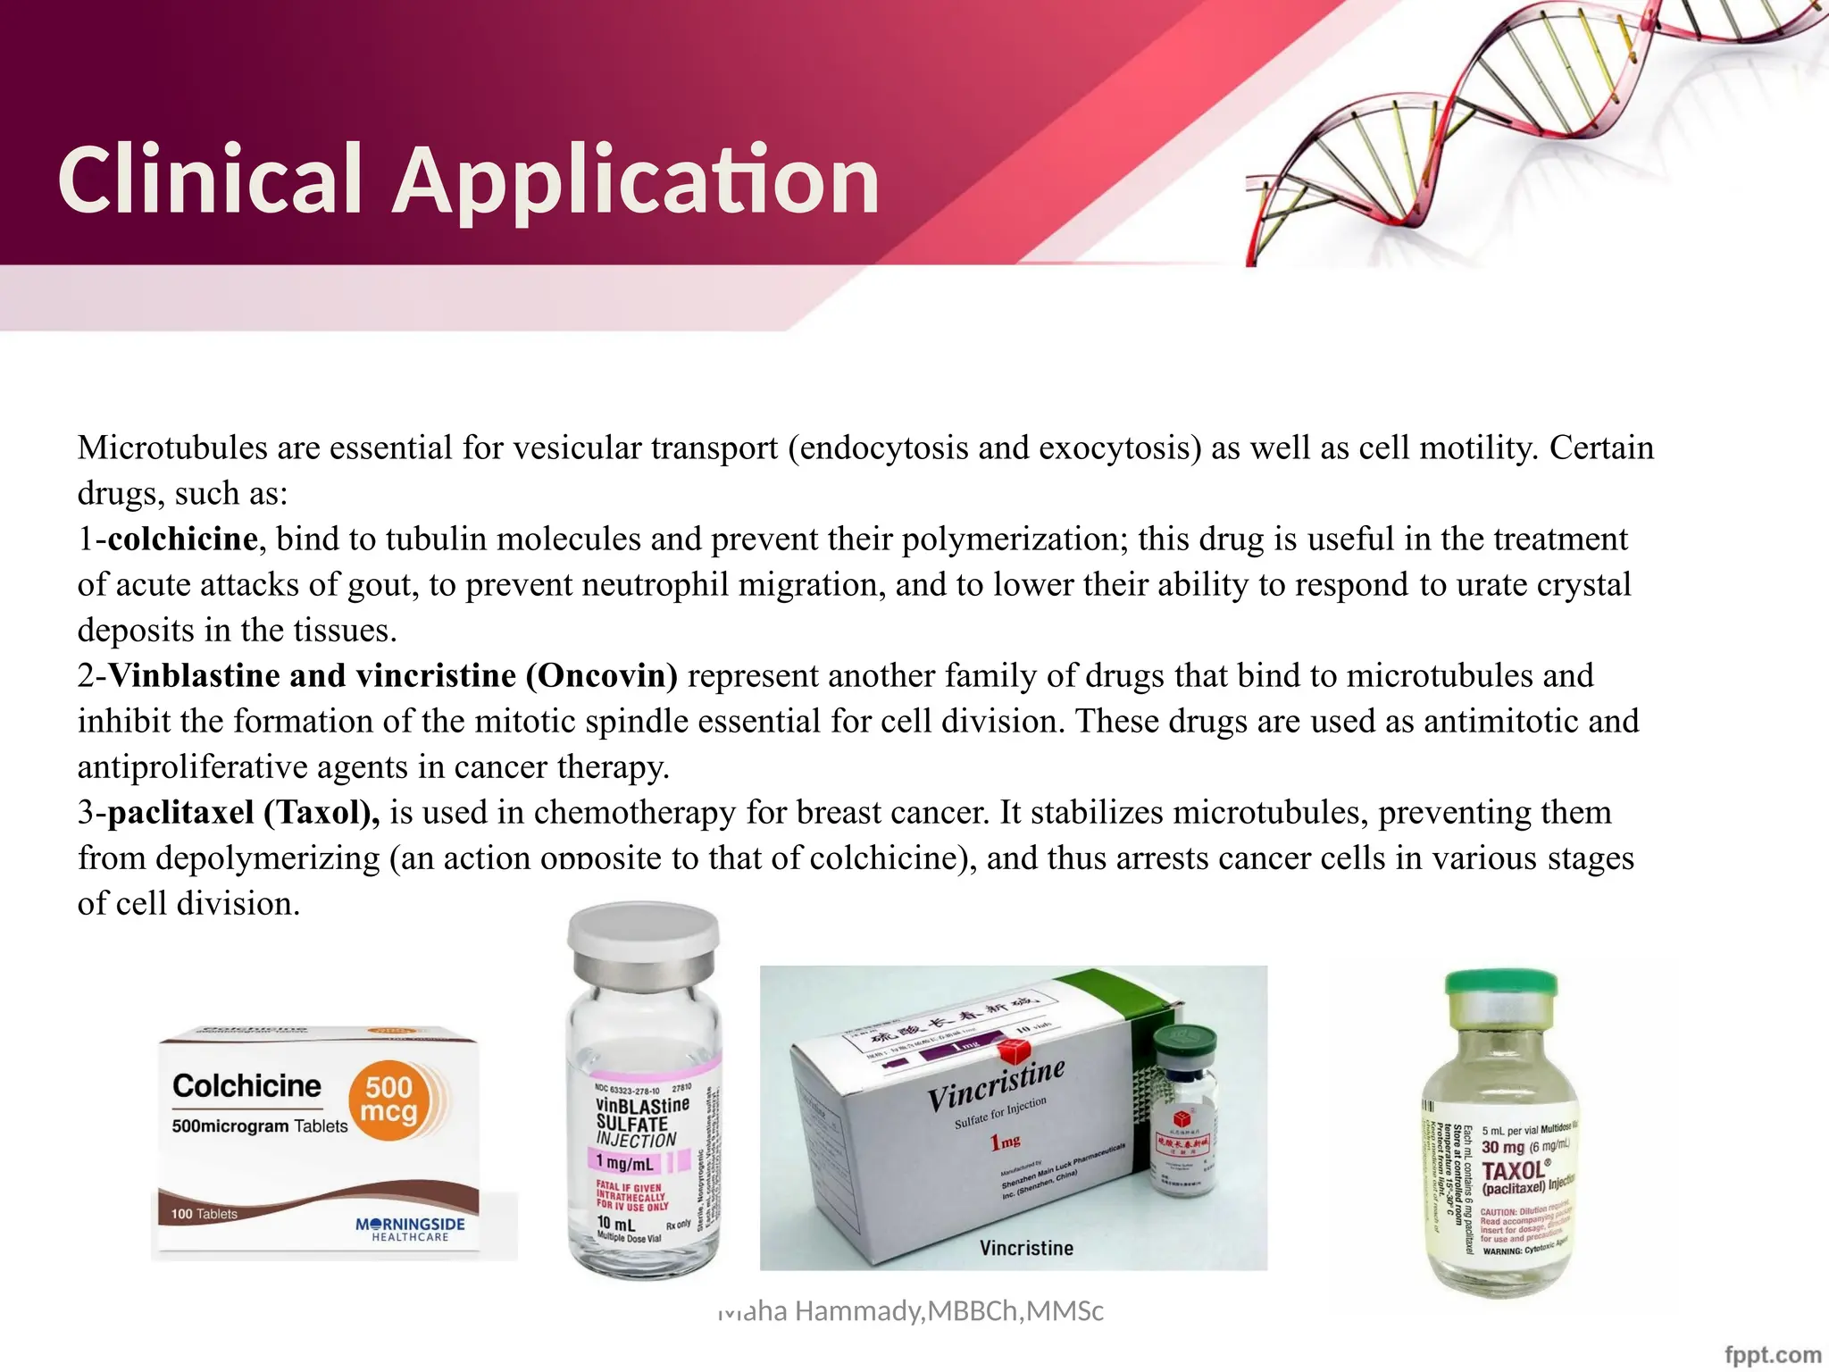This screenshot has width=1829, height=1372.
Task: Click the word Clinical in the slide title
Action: [210, 180]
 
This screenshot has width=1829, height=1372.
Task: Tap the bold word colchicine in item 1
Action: [182, 539]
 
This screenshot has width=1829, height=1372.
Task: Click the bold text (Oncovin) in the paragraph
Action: [602, 675]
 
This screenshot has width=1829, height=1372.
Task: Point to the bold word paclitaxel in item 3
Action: [180, 812]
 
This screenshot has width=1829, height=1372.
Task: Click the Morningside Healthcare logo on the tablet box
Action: [410, 1228]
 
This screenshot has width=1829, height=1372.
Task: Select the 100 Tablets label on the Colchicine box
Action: [205, 1214]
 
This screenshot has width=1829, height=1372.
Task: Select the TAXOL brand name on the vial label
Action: [1515, 1170]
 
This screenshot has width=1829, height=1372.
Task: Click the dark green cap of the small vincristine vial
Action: [1184, 1042]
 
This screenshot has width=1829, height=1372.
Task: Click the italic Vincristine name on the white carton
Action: [996, 1086]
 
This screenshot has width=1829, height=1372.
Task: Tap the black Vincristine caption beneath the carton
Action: [1026, 1248]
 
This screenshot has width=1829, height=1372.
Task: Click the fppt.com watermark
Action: [1772, 1355]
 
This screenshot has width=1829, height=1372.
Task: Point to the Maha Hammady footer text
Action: [911, 1310]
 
